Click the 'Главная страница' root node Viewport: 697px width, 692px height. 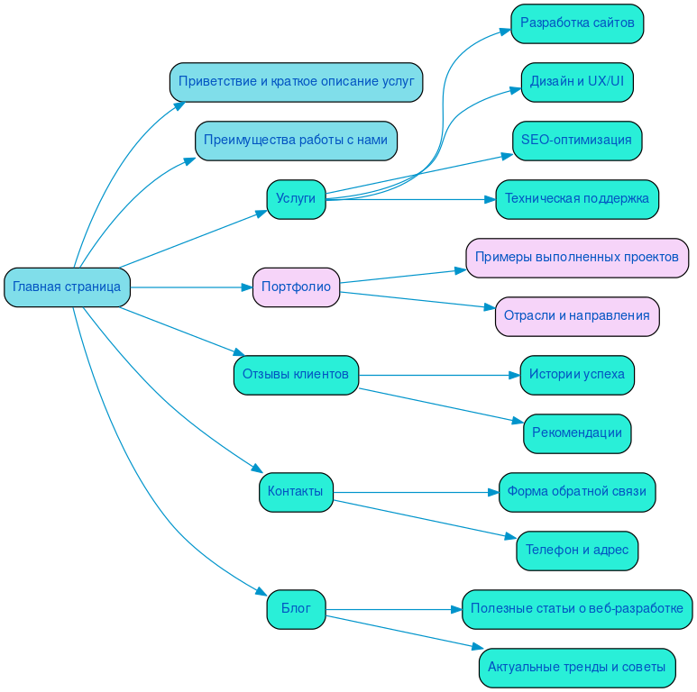pos(67,287)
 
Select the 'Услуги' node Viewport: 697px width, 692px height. pos(296,199)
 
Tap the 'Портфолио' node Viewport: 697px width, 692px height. pos(296,287)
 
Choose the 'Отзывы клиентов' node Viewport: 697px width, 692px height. pos(296,375)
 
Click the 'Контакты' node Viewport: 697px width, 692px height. pos(296,492)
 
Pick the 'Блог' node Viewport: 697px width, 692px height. pos(296,609)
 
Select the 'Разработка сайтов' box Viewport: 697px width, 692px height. pos(577,23)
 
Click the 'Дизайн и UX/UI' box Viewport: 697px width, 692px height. pos(577,82)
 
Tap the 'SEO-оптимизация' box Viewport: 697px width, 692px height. pos(577,141)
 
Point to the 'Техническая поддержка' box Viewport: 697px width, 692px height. pos(577,199)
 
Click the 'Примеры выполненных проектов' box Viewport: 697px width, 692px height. pos(577,258)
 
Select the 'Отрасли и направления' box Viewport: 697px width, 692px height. pos(577,316)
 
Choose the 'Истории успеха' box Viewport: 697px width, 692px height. pos(577,375)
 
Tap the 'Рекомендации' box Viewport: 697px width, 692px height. pos(577,433)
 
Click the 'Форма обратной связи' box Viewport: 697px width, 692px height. pos(577,492)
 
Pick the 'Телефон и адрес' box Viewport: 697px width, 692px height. pos(577,551)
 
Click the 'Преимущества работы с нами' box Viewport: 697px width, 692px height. pos(296,141)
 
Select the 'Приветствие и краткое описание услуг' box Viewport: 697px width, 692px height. pos(296,82)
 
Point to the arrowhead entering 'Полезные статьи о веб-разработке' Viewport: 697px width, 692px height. pos(456,609)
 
